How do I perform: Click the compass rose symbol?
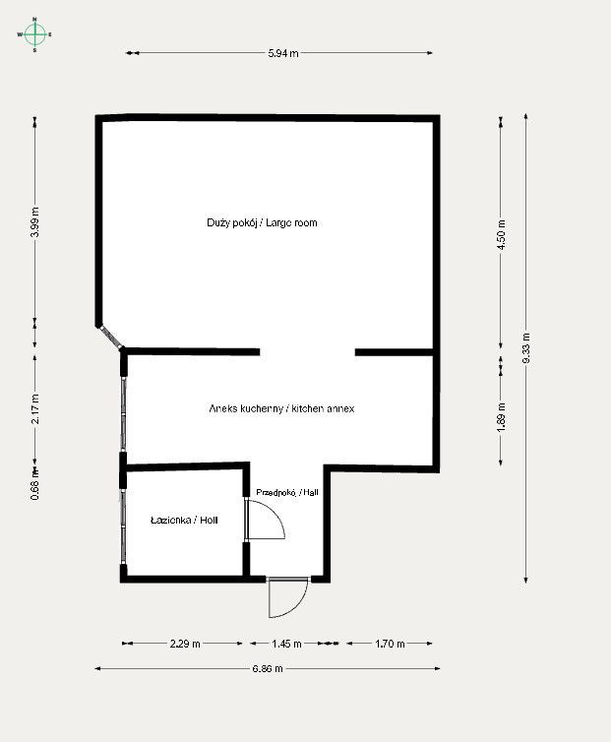34,34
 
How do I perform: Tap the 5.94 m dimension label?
283,53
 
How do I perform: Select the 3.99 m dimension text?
34,222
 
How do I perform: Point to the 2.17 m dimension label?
34,409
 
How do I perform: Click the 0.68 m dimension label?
34,484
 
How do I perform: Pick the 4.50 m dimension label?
501,234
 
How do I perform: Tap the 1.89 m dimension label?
501,417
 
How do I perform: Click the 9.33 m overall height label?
526,348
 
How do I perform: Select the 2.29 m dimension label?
185,644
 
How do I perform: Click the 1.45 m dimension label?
286,644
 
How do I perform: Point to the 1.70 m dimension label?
390,644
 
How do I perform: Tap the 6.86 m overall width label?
268,668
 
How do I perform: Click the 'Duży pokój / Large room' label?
262,222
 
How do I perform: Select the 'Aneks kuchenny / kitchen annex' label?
281,408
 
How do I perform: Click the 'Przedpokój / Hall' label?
286,492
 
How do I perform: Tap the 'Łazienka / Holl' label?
184,520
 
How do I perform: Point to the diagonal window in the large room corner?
110,337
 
